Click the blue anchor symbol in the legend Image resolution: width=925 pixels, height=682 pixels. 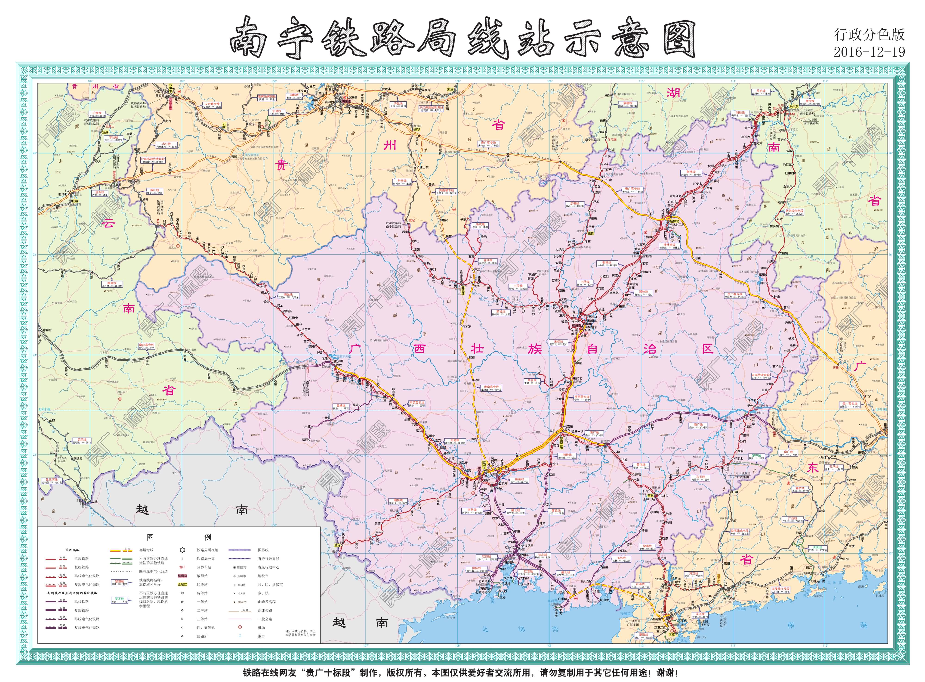click(x=240, y=636)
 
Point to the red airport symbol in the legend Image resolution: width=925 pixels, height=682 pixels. click(x=240, y=628)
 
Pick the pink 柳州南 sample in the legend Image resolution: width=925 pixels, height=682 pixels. click(x=182, y=576)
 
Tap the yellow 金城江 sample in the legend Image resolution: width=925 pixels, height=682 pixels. click(x=182, y=584)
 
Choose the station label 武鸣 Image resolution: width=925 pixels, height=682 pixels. click(x=475, y=439)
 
